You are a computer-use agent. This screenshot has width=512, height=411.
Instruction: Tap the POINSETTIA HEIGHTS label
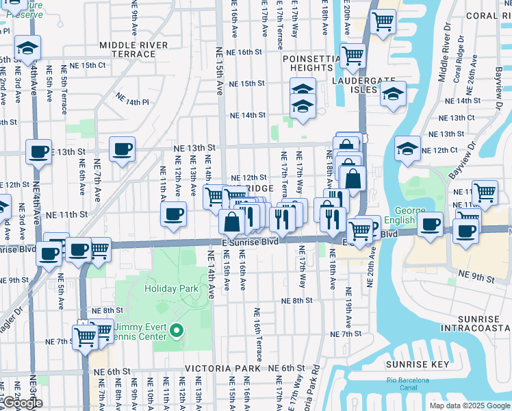click(311, 64)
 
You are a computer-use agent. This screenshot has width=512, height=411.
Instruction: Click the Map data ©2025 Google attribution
click(470, 406)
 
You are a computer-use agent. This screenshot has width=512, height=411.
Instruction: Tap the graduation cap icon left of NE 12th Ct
click(407, 149)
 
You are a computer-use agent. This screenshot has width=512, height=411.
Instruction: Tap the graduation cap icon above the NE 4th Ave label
click(28, 48)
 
